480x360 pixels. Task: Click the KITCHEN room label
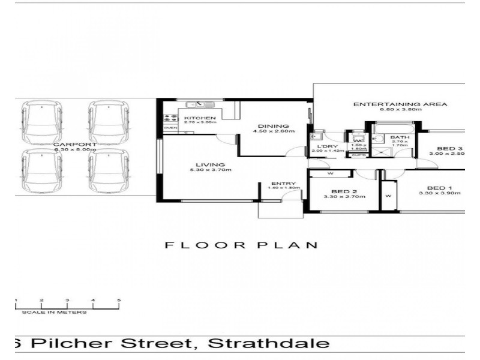tap(196, 118)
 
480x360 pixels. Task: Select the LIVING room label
tap(208, 164)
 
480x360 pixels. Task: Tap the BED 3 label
tap(449, 148)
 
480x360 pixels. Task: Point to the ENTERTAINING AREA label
tap(400, 104)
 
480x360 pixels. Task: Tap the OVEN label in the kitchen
tap(170, 128)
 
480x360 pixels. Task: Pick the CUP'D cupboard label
tap(358, 155)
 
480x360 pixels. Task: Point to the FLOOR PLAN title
tap(241, 245)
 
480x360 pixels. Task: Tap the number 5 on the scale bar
tap(119, 299)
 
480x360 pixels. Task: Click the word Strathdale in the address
tap(269, 343)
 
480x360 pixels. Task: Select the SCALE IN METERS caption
tap(54, 312)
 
